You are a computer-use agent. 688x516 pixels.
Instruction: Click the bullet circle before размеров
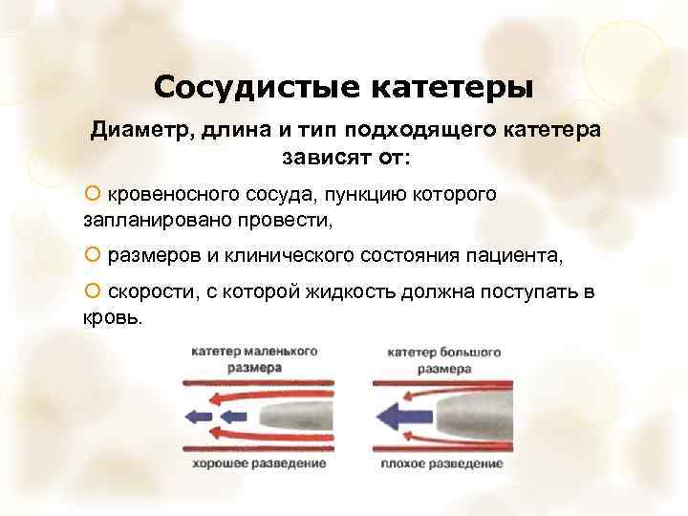coord(92,255)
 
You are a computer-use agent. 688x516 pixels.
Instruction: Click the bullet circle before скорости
coord(92,291)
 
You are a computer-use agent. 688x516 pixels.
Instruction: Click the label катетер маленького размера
coord(254,359)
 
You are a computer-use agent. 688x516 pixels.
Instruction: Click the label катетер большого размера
coord(441,359)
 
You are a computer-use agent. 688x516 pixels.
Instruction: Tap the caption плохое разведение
coord(441,463)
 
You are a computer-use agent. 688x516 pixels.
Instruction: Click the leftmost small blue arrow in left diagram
coord(199,416)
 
